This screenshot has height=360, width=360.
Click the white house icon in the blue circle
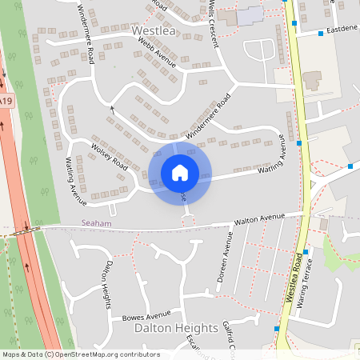coord(180,173)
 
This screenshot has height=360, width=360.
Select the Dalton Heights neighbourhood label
coord(175,328)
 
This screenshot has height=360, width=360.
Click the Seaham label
coord(96,223)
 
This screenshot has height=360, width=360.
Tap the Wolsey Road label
coord(110,156)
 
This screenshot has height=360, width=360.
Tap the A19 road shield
coord(6,102)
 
